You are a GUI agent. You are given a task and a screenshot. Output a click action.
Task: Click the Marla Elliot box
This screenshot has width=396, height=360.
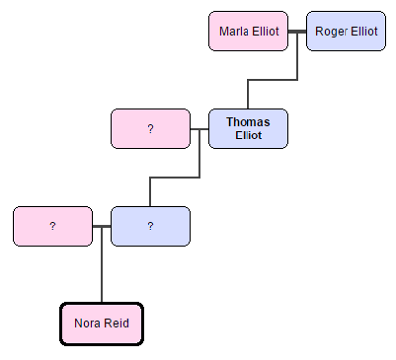tap(247, 31)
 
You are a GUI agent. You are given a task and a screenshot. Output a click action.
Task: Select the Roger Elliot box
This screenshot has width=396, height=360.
tap(346, 31)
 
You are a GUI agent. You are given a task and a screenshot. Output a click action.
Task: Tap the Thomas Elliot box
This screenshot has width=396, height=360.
tap(247, 129)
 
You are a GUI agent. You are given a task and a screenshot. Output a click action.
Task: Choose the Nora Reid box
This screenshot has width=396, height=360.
tap(102, 323)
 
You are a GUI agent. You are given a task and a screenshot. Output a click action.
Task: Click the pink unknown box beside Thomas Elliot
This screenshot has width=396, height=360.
tap(150, 129)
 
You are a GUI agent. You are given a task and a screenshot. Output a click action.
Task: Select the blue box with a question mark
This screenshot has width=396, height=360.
tap(150, 226)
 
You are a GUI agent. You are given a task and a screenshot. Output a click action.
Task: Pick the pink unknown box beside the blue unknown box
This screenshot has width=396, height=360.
tap(52, 226)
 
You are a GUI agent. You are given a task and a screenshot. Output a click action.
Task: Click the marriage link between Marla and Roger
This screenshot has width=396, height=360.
tap(297, 31)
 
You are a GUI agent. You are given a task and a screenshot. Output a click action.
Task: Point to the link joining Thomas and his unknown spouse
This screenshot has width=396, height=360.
tap(199, 129)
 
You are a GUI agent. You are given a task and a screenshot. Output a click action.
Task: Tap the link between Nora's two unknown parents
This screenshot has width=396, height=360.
tap(101, 226)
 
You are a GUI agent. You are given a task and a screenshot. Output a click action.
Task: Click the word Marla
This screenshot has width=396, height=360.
tap(234, 31)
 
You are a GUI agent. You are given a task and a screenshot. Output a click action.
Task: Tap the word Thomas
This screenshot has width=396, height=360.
tap(247, 122)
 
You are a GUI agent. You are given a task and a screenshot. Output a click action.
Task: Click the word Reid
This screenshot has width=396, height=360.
tap(116, 323)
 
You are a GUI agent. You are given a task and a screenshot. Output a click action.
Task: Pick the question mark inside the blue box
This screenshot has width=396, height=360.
tap(150, 226)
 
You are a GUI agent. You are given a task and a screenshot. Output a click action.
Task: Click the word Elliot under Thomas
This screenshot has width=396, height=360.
tap(247, 136)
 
